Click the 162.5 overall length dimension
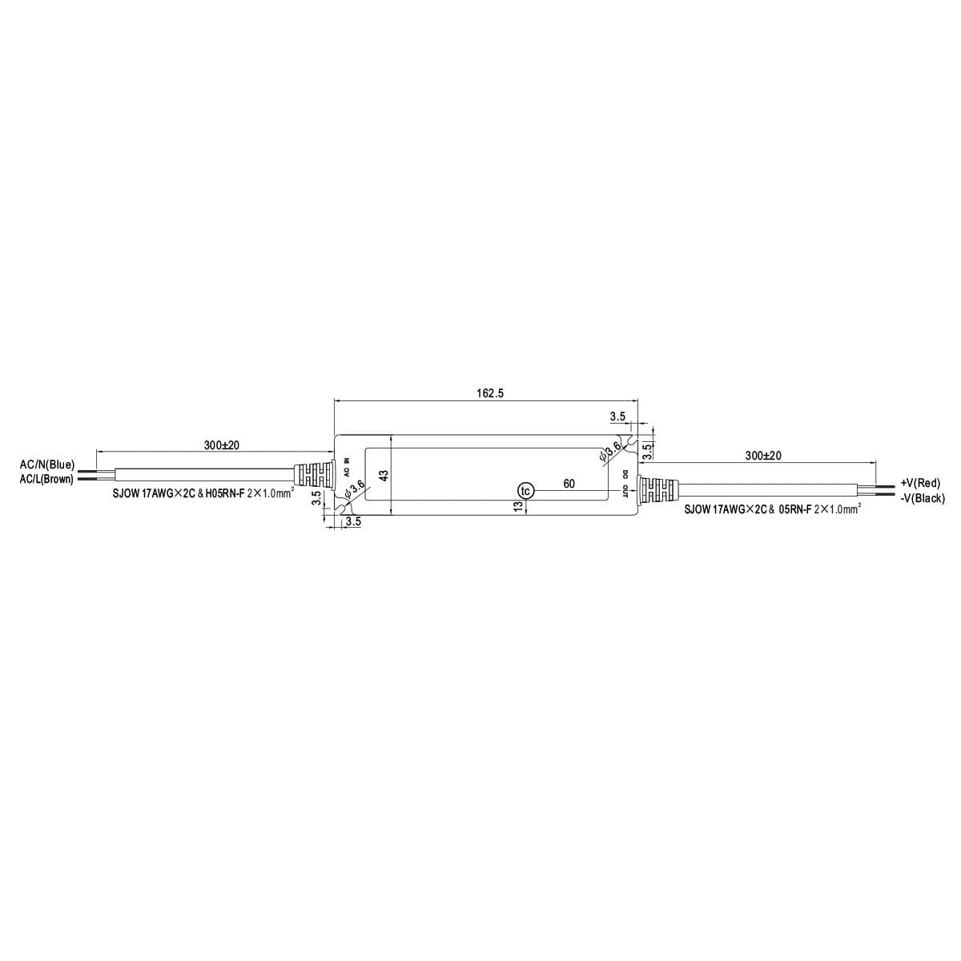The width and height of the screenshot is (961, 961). click(490, 393)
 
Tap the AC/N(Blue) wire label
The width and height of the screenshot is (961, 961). click(47, 464)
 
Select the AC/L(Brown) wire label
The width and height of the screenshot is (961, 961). click(46, 479)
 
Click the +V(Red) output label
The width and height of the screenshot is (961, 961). click(920, 483)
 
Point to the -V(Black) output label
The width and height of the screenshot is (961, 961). click(923, 498)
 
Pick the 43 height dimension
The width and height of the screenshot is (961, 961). click(384, 475)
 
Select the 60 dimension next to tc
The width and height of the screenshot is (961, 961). click(569, 483)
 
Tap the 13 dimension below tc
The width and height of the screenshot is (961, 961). click(519, 505)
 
